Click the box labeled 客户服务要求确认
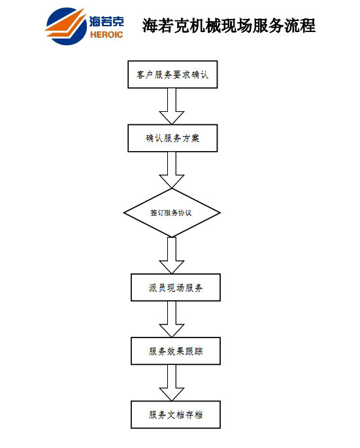(x=172, y=75)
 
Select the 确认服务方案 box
(x=172, y=138)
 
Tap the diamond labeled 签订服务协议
(x=172, y=213)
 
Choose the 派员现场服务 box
(x=176, y=287)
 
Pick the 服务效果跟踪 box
(x=176, y=351)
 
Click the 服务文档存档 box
(x=176, y=415)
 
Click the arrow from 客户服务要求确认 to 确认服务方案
(x=172, y=107)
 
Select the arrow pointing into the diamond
(x=172, y=170)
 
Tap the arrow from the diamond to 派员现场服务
(x=172, y=256)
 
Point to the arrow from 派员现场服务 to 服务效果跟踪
(x=172, y=319)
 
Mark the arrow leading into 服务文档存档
(x=172, y=383)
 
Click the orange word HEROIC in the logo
(x=106, y=35)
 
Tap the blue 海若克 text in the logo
(x=106, y=22)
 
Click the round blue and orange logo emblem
(x=66, y=26)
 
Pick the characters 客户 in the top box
(x=145, y=75)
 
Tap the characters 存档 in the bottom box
(x=194, y=415)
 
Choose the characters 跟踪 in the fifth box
(x=194, y=351)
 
